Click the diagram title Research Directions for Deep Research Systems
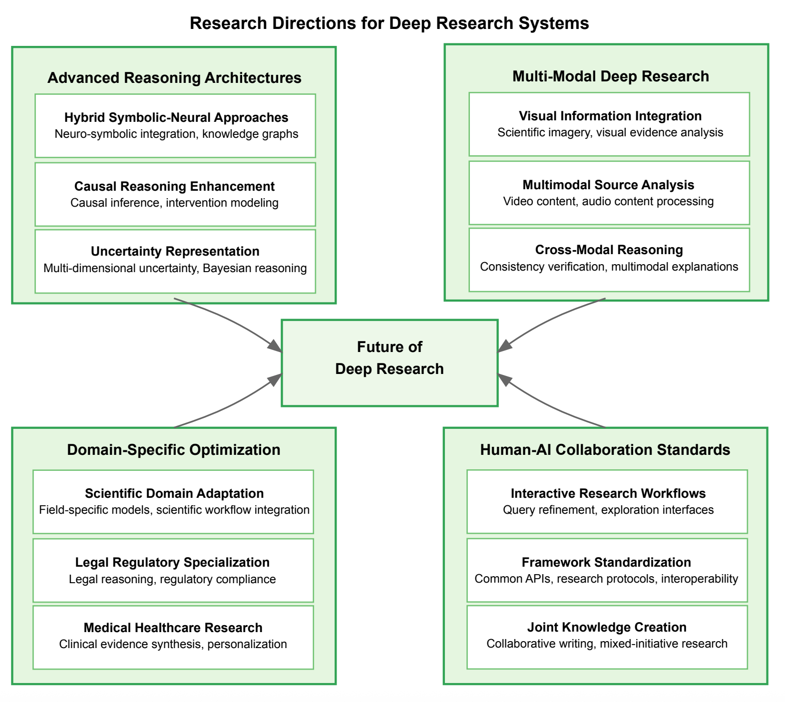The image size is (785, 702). [389, 23]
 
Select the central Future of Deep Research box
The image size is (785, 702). [390, 362]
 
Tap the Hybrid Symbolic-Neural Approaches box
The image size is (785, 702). [175, 126]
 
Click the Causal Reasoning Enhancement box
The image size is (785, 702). [175, 194]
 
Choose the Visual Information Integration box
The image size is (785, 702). [609, 124]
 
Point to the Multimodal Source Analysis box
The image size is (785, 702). [609, 193]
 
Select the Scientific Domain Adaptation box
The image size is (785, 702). [173, 502]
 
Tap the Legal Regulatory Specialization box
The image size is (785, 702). [173, 570]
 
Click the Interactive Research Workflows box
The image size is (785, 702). [607, 502]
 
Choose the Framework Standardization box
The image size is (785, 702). [607, 570]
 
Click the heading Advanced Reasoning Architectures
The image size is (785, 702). [174, 78]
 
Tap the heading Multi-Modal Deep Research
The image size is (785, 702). [610, 76]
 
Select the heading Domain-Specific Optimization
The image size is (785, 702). [173, 450]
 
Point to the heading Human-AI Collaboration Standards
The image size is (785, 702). [605, 450]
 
